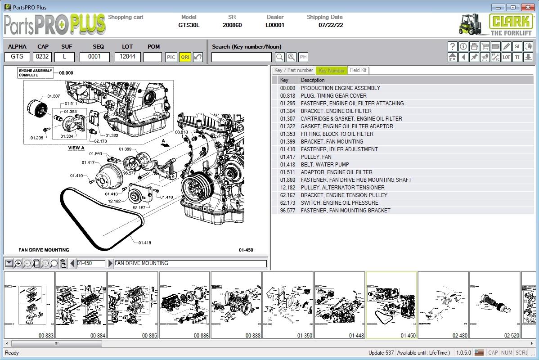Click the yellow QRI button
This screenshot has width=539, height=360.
click(x=185, y=57)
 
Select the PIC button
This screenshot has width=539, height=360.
click(x=171, y=57)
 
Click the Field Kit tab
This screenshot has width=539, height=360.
click(x=358, y=70)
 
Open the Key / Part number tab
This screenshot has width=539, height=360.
click(x=293, y=70)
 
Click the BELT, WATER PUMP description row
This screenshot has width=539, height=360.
click(x=324, y=165)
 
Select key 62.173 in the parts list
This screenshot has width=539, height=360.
click(x=287, y=203)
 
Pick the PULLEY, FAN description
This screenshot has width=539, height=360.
click(x=316, y=157)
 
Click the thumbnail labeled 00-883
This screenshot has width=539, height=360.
click(x=29, y=305)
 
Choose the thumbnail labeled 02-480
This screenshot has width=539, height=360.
click(x=443, y=305)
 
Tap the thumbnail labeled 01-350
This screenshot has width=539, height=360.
click(x=287, y=305)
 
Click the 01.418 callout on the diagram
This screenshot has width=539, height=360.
click(x=144, y=243)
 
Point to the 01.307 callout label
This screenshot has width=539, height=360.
click(x=54, y=96)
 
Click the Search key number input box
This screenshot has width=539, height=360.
click(x=242, y=57)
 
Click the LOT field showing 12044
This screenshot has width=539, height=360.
click(x=127, y=57)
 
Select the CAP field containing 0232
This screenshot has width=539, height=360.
click(x=43, y=57)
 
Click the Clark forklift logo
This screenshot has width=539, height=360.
click(x=495, y=24)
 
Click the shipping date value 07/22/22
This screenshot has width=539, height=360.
click(x=331, y=25)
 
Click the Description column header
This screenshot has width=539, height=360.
click(x=313, y=80)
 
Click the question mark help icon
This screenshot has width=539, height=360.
click(x=453, y=46)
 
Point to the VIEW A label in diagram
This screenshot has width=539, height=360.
click(x=76, y=148)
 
